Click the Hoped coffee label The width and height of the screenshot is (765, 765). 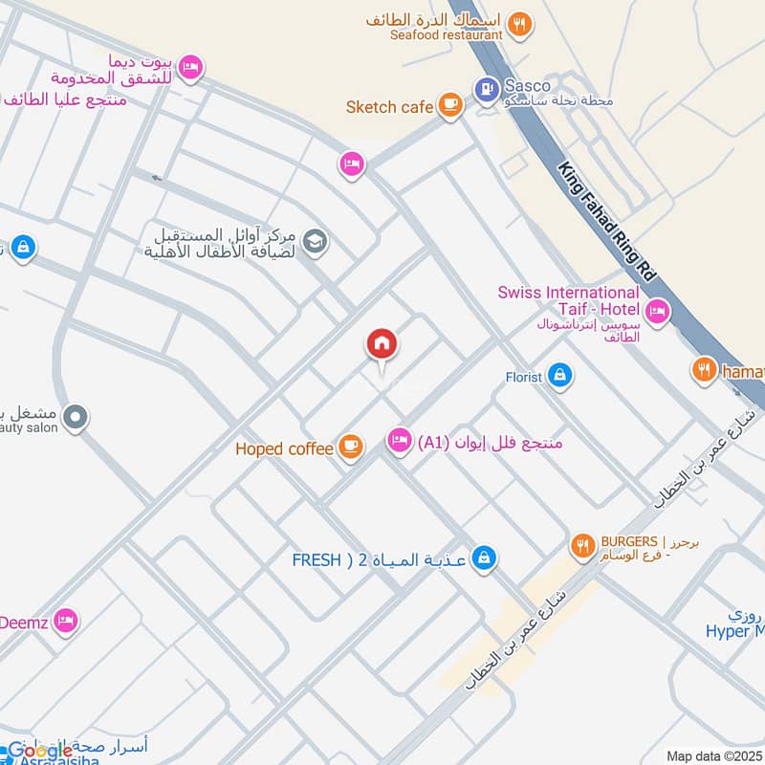coord(285,448)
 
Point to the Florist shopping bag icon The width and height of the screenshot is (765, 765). coord(560,376)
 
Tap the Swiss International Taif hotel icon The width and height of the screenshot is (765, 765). coord(657,310)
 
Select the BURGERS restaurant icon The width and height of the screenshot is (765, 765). coord(581,546)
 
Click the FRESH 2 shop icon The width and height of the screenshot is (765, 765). coord(485,557)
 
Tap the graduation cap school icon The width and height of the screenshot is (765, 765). coord(314,244)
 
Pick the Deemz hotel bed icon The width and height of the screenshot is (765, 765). coord(65,620)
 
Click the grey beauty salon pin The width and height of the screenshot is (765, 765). coord(76,417)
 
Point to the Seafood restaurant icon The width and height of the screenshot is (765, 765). coord(519,25)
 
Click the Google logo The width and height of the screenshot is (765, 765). coord(40,751)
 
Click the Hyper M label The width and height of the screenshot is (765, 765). coord(736,630)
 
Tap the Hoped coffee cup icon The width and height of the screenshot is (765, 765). coord(351,447)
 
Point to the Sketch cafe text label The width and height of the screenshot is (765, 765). coord(389,106)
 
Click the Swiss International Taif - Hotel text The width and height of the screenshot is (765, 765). coord(569,301)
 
